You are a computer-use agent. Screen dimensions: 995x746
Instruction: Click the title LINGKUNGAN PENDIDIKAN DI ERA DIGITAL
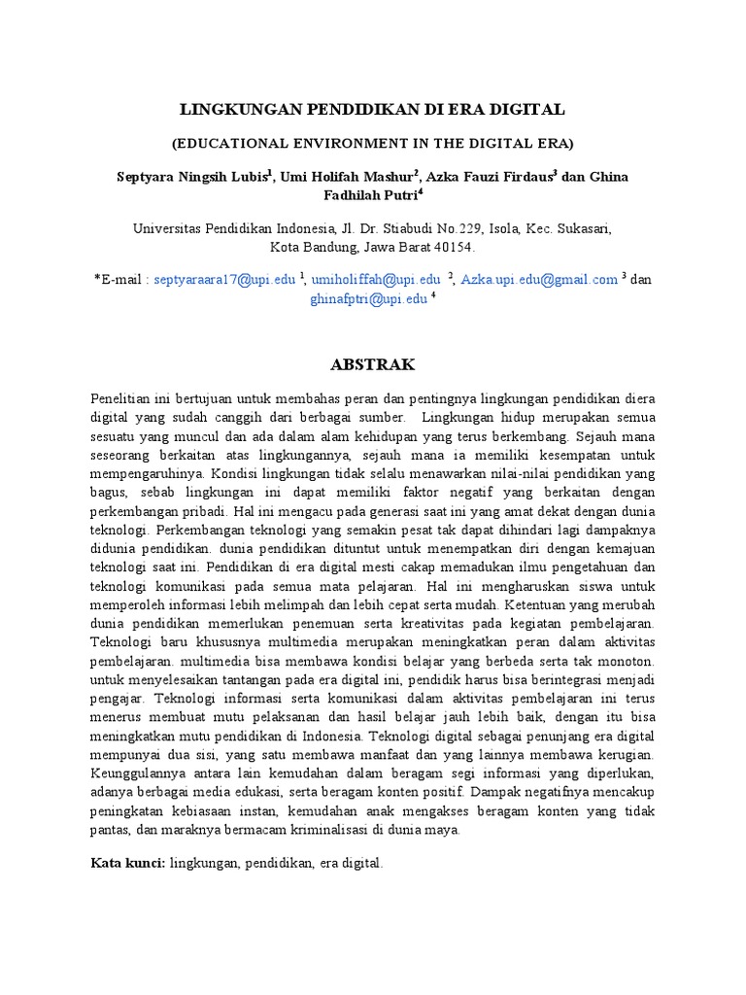(x=373, y=110)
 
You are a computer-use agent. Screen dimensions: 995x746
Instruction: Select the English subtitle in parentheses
(x=373, y=144)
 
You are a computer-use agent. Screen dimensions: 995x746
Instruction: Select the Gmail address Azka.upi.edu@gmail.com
(x=539, y=280)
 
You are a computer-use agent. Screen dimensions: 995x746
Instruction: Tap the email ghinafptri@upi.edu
(x=368, y=299)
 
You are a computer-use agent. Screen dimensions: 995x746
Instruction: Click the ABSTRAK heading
(x=373, y=365)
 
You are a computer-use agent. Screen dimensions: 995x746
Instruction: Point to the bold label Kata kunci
(x=127, y=862)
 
